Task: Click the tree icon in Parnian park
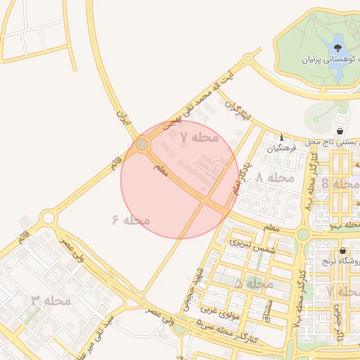[338, 49]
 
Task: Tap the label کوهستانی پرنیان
[323, 60]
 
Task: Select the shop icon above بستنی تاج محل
[340, 131]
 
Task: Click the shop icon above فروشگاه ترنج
[342, 251]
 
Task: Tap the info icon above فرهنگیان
[282, 138]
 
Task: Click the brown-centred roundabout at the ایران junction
[142, 144]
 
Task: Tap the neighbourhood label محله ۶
[131, 220]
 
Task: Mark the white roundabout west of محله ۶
[48, 218]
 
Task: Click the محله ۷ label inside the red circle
[199, 137]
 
